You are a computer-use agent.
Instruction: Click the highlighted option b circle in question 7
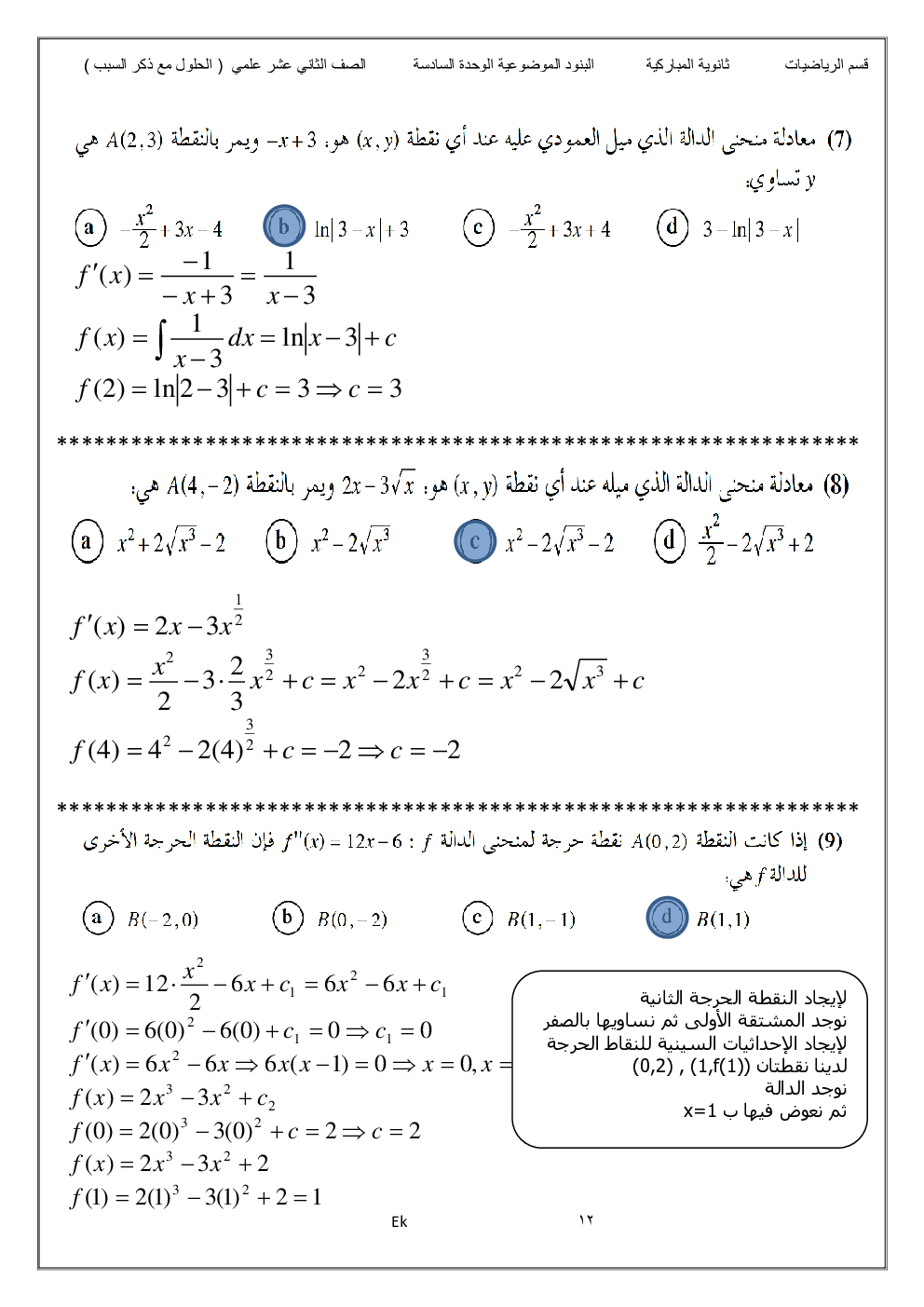[284, 226]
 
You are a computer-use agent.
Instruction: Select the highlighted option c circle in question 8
[475, 541]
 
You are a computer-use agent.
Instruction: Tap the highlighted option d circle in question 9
[667, 917]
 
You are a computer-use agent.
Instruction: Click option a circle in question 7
[90, 227]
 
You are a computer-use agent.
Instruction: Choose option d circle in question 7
[673, 226]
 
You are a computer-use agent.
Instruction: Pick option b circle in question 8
[281, 541]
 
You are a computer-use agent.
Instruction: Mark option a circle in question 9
[97, 918]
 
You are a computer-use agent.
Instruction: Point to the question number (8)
[836, 484]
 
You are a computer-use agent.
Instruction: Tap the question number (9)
[830, 840]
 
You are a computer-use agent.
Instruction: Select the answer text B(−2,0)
[163, 919]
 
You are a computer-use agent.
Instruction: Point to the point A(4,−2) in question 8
[202, 485]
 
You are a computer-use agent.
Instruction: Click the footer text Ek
[399, 1221]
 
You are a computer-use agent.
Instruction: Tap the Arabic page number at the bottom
[586, 1220]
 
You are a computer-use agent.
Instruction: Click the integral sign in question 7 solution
[160, 339]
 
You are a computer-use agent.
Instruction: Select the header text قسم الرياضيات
[826, 64]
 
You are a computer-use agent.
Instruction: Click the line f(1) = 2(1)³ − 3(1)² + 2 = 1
[197, 1197]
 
